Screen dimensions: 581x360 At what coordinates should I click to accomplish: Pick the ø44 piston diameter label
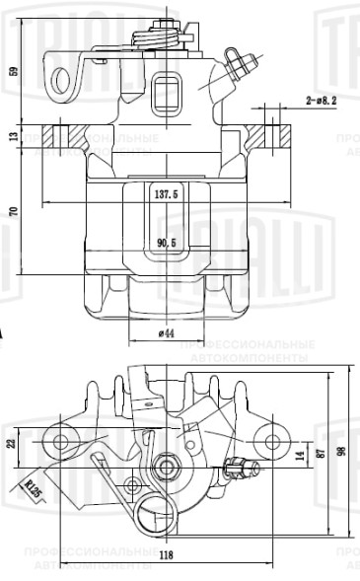(166, 334)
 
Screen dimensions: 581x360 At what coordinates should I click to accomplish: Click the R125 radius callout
(36, 487)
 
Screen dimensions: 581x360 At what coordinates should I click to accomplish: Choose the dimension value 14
(299, 456)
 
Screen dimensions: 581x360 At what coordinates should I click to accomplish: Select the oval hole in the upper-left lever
(65, 80)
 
